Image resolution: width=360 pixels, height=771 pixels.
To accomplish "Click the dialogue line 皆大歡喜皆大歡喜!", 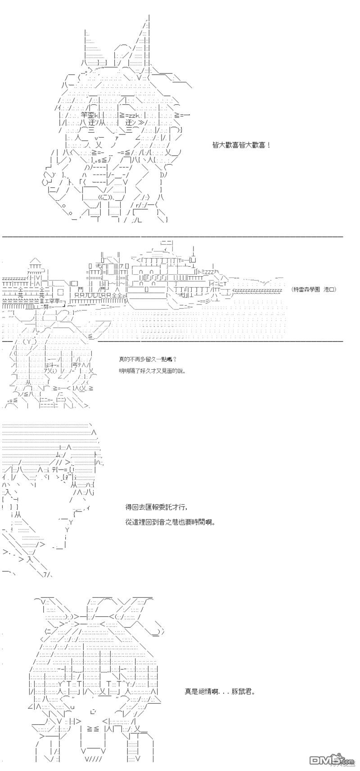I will pyautogui.click(x=241, y=145).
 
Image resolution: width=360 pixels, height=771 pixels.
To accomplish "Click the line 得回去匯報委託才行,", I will pyautogui.click(x=155, y=507).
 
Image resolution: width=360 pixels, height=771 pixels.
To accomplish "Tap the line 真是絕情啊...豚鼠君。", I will pyautogui.click(x=220, y=691).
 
